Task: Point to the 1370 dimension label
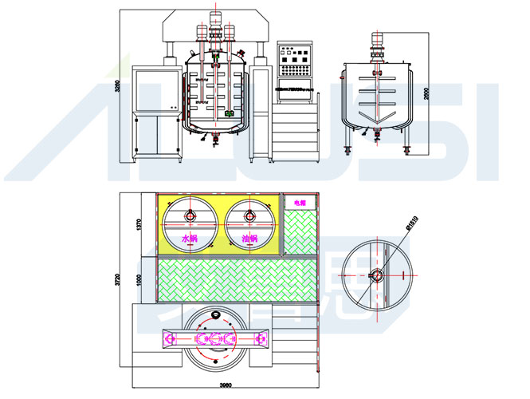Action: (138, 225)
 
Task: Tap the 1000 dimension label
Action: (138, 278)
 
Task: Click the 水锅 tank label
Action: (190, 239)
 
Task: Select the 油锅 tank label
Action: (248, 239)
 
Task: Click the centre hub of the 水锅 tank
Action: (190, 215)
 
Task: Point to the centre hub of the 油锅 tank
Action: (249, 215)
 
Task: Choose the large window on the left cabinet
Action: (155, 89)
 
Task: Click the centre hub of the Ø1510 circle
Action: (377, 275)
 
